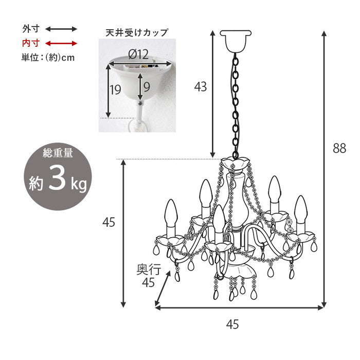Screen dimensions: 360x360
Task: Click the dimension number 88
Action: pyautogui.click(x=339, y=149)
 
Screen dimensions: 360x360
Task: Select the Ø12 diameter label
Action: pyautogui.click(x=138, y=54)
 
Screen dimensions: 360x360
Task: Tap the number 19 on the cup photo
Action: pyautogui.click(x=115, y=90)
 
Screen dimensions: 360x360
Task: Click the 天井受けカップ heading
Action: pyautogui.click(x=133, y=32)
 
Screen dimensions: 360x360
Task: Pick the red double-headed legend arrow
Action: pyautogui.click(x=61, y=43)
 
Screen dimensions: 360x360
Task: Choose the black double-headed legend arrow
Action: pyautogui.click(x=61, y=29)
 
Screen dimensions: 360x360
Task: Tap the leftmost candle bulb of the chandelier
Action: pyautogui.click(x=171, y=215)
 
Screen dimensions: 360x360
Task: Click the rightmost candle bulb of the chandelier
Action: pyautogui.click(x=300, y=211)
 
